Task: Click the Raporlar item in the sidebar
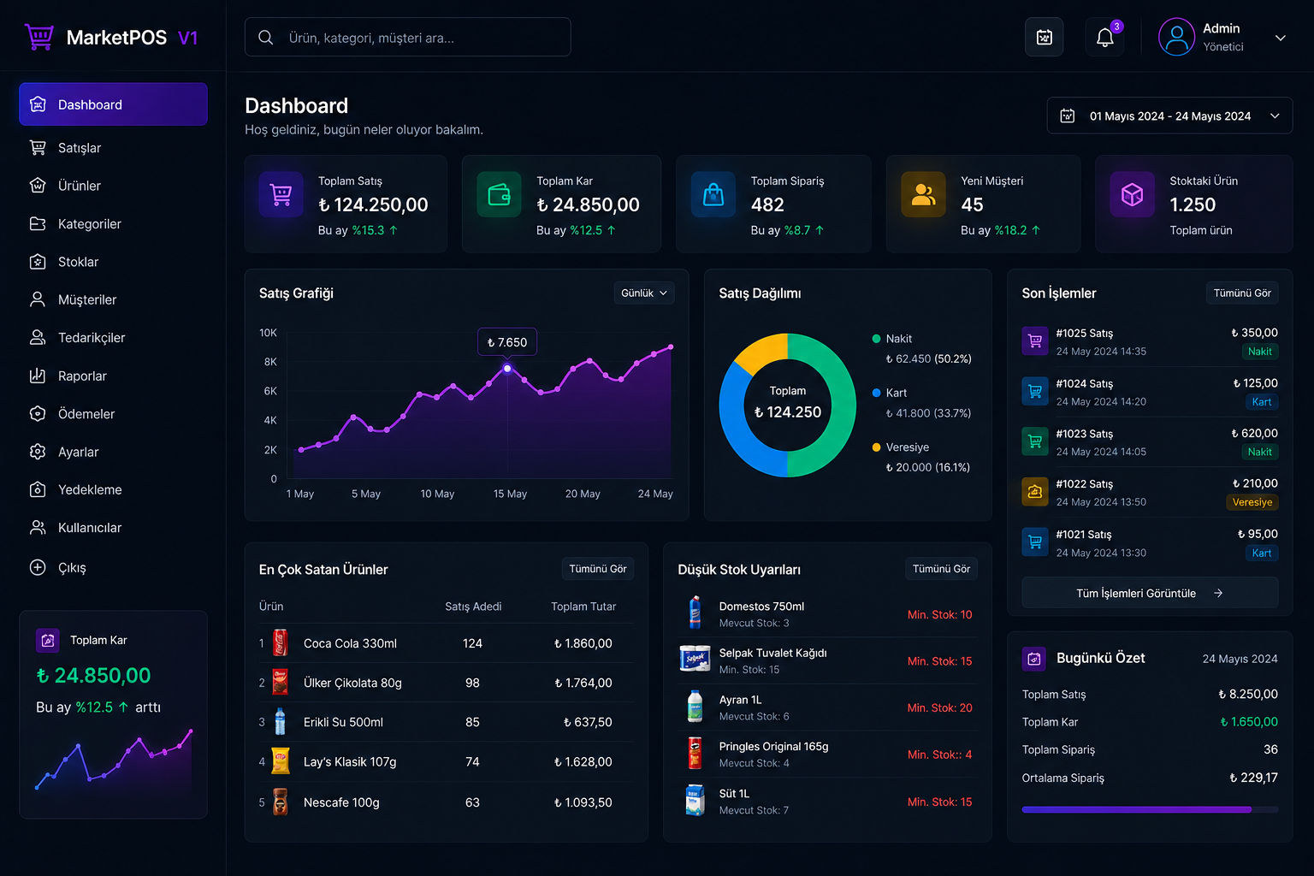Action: pyautogui.click(x=81, y=376)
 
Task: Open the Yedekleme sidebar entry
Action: pyautogui.click(x=89, y=489)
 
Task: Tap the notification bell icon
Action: pyautogui.click(x=1104, y=38)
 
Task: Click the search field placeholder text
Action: pyautogui.click(x=371, y=38)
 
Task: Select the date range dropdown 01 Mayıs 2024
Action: pyautogui.click(x=1169, y=115)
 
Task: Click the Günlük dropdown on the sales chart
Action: pyautogui.click(x=643, y=293)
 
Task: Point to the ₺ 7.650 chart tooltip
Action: pyautogui.click(x=507, y=342)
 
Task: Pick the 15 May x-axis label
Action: pyautogui.click(x=510, y=494)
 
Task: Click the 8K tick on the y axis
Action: pyautogui.click(x=270, y=362)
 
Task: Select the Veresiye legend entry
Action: pyautogui.click(x=907, y=447)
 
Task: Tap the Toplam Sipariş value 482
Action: pyautogui.click(x=767, y=204)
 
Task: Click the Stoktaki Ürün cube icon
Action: pyautogui.click(x=1132, y=195)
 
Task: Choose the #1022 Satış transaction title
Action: pyautogui.click(x=1084, y=484)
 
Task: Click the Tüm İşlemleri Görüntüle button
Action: pyautogui.click(x=1149, y=593)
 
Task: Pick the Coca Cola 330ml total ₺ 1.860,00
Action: pyautogui.click(x=583, y=643)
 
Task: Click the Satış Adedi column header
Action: pyautogui.click(x=473, y=607)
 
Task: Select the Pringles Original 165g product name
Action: pyautogui.click(x=773, y=747)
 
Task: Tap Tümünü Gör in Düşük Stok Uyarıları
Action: pyautogui.click(x=941, y=569)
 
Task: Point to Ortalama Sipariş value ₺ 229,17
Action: pyautogui.click(x=1253, y=778)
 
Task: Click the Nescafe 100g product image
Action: pyautogui.click(x=280, y=802)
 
